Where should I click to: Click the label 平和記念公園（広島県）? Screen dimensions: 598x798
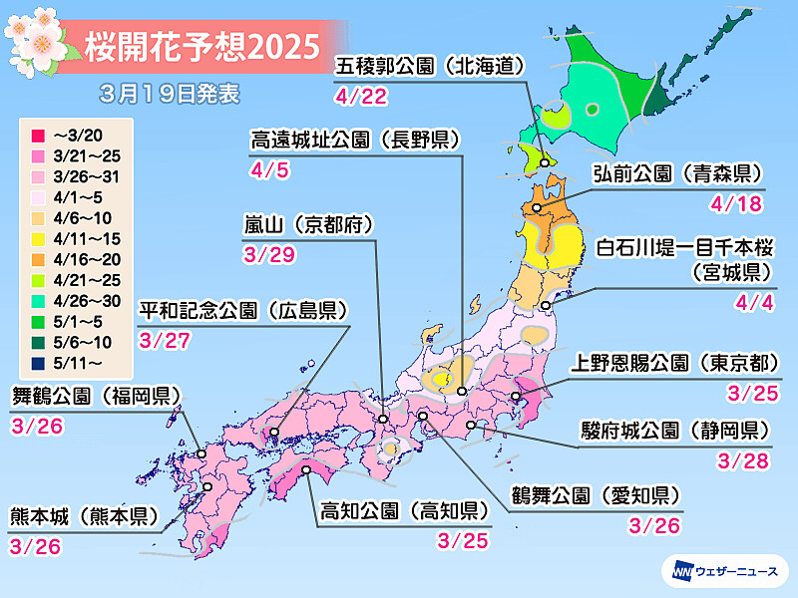244,310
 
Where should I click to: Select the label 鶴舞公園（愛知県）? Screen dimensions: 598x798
598,495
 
